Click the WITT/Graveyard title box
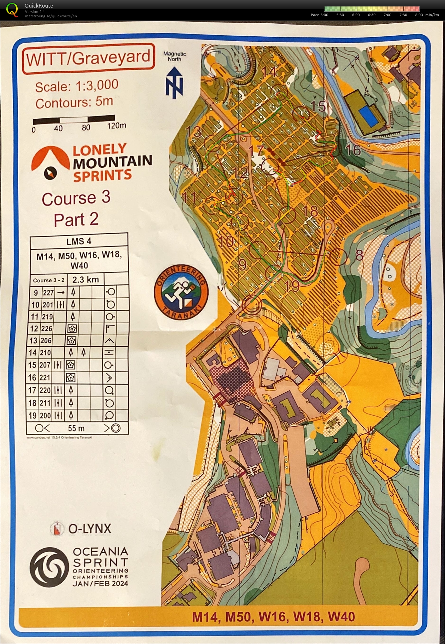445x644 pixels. [x=88, y=58]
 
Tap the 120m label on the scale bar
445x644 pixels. [x=116, y=126]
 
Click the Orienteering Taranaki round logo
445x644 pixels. [x=181, y=292]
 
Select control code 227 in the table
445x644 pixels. [x=48, y=292]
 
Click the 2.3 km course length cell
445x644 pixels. [x=86, y=280]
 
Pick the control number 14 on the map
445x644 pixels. [x=269, y=71]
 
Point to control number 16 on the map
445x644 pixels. [x=353, y=150]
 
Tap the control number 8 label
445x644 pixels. [x=359, y=255]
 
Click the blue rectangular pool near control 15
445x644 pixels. [x=368, y=115]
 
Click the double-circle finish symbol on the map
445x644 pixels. [x=252, y=304]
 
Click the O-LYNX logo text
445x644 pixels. [x=90, y=529]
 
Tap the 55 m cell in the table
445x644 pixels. [x=76, y=428]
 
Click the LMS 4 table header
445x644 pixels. [x=79, y=241]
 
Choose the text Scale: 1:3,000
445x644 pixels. [x=77, y=86]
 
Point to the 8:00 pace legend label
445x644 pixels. [x=419, y=15]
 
